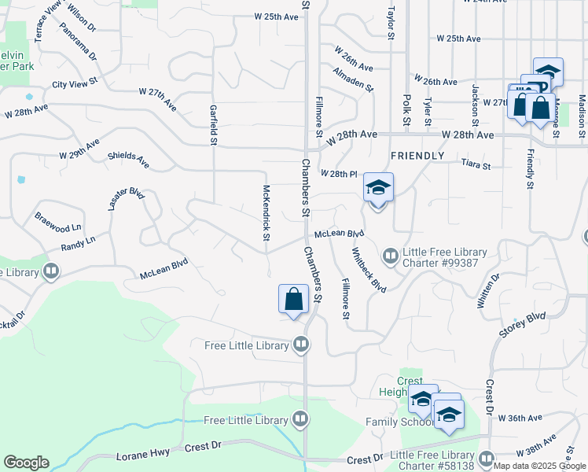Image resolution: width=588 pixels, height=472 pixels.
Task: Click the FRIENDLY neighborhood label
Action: [x=417, y=156]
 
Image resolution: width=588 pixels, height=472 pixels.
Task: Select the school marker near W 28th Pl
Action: [x=378, y=189]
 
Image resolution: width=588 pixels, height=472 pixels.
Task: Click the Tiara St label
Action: [x=476, y=166]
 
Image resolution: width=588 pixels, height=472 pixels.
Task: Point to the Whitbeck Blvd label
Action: [x=369, y=271]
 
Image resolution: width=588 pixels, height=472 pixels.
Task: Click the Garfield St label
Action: [x=212, y=125]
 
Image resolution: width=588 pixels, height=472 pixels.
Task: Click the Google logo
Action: [x=25, y=462]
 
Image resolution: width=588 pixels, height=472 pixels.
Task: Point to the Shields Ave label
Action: [x=128, y=160]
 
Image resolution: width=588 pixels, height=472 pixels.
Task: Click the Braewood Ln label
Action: [x=57, y=221]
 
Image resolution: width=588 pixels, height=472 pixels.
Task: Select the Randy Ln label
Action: [x=78, y=245]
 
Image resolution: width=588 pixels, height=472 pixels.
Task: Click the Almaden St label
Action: [x=353, y=79]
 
